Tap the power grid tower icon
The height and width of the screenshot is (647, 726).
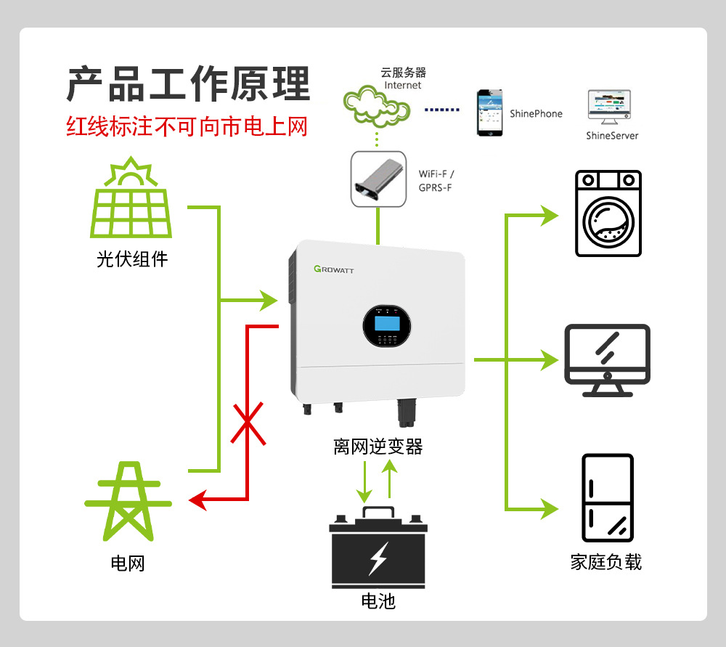pyautogui.click(x=129, y=501)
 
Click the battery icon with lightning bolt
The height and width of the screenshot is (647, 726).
pyautogui.click(x=376, y=548)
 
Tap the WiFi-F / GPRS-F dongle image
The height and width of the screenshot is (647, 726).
pyautogui.click(x=377, y=179)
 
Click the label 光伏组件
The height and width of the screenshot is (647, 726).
pyautogui.click(x=131, y=259)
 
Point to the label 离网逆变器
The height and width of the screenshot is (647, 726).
pyautogui.click(x=378, y=447)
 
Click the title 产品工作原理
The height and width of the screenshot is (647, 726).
pyautogui.click(x=189, y=84)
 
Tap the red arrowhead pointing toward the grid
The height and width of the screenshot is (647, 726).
pyautogui.click(x=197, y=500)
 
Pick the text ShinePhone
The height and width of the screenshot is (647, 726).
pyautogui.click(x=536, y=113)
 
